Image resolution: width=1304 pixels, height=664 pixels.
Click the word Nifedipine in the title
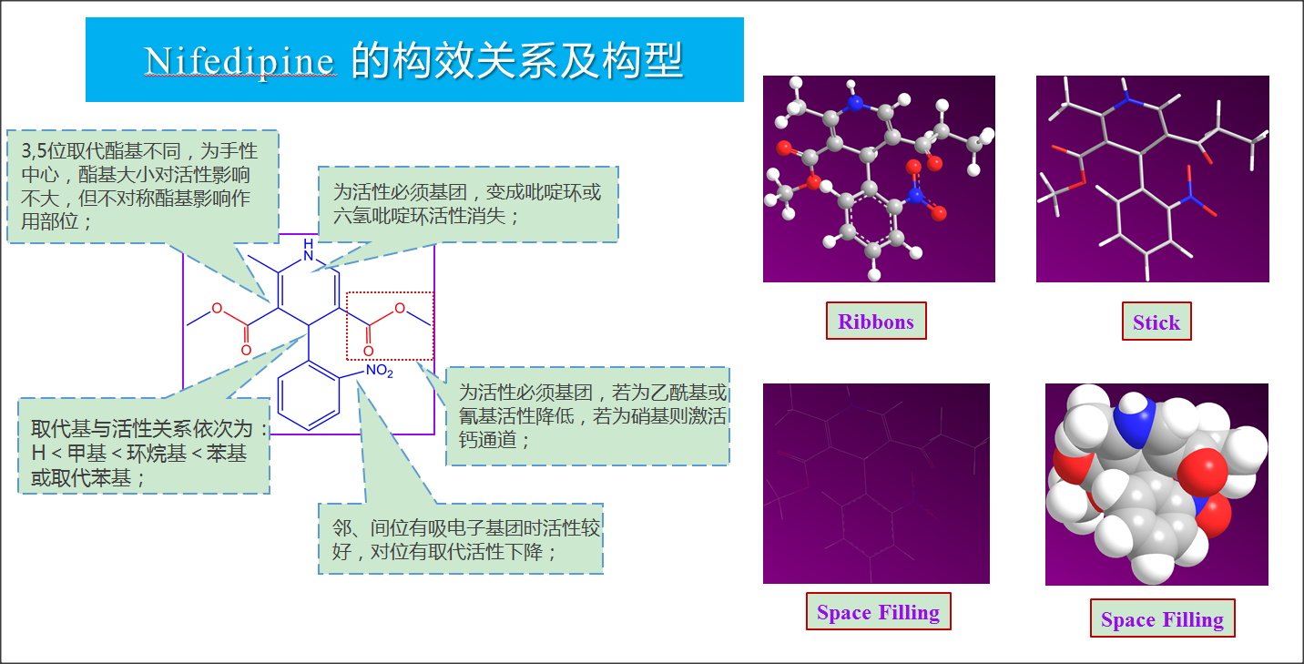239,61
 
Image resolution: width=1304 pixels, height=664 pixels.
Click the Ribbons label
876,321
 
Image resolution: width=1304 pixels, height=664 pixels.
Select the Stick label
1156,322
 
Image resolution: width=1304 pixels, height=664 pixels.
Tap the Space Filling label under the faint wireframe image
879,611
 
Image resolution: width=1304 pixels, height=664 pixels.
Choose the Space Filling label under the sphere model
1163,618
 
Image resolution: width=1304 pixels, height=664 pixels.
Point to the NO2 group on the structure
380,371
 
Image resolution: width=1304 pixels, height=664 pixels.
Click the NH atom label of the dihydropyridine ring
309,250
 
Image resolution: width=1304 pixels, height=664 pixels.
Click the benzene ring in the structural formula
309,395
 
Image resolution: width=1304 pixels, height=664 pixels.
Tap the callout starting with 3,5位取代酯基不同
143,187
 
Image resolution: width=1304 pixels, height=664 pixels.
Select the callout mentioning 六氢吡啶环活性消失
468,204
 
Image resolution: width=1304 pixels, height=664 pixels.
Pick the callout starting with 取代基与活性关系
144,446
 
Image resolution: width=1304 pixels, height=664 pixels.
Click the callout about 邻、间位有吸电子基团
461,539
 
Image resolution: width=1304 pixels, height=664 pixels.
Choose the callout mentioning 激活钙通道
587,416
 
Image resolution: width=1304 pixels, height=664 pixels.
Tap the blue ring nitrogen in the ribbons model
854,104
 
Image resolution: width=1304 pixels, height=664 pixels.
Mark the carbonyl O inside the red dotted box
369,351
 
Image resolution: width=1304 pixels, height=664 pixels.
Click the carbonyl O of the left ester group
246,350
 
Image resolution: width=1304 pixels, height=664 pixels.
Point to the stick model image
1153,179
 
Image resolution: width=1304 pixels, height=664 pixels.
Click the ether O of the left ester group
217,308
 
